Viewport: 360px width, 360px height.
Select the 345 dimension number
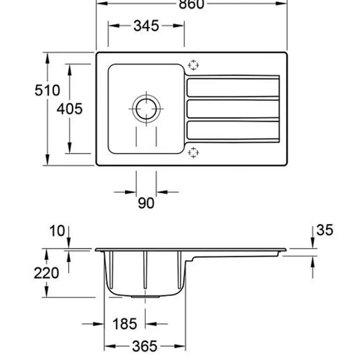coord(146,26)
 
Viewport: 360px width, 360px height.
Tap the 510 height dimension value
coord(47,90)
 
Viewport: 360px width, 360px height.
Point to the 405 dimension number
coord(69,109)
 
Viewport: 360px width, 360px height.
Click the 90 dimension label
coord(146,203)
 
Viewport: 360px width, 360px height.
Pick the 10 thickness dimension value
coord(57,231)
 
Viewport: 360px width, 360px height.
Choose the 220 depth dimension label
coord(46,273)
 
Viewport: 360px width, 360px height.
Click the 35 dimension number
coord(324,230)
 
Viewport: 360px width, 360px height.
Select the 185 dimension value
coord(125,324)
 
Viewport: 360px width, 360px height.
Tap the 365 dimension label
coord(145,346)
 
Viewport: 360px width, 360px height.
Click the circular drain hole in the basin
coord(146,109)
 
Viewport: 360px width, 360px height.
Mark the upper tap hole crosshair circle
coord(193,66)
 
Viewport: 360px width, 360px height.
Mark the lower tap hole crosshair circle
coord(193,152)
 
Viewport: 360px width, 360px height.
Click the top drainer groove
coord(233,87)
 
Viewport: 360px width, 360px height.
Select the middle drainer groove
coord(233,109)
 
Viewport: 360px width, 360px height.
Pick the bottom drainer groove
coord(233,131)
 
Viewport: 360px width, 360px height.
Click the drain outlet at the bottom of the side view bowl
coord(145,297)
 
